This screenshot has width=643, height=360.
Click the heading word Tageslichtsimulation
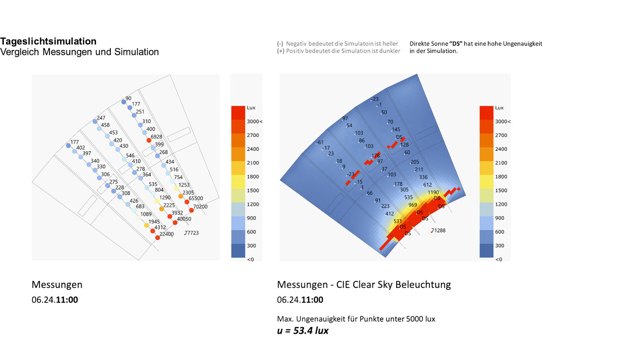point(48,41)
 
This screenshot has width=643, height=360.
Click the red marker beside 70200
point(191,210)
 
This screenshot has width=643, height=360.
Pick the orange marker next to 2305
point(181,196)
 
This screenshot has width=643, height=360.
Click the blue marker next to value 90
point(123,102)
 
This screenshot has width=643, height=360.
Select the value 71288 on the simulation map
point(438,230)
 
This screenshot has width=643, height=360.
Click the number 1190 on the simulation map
point(433,192)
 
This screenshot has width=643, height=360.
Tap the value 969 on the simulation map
point(413,205)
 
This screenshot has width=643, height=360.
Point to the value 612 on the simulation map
point(427,184)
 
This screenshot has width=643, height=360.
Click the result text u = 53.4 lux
point(303,330)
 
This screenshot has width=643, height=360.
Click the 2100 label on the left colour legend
point(253,163)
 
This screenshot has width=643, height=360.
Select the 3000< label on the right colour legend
point(503,121)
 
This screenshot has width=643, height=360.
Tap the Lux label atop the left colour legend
point(251,107)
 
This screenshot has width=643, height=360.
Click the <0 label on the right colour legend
point(499,259)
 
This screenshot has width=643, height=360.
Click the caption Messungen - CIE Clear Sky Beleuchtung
point(364,284)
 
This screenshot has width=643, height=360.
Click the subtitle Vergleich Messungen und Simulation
point(80,52)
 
